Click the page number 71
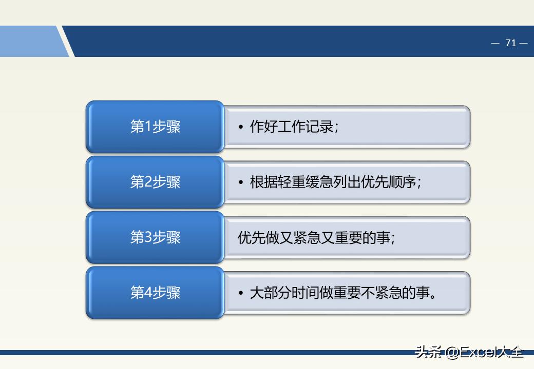(x=510, y=43)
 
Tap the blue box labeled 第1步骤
(x=155, y=127)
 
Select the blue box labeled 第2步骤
(x=155, y=182)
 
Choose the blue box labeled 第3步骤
(x=155, y=237)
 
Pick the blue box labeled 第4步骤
(x=155, y=293)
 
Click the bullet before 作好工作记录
(x=240, y=127)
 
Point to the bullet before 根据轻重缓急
(x=240, y=182)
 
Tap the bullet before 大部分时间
(x=240, y=293)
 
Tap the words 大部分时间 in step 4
(x=284, y=293)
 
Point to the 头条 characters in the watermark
(x=428, y=352)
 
